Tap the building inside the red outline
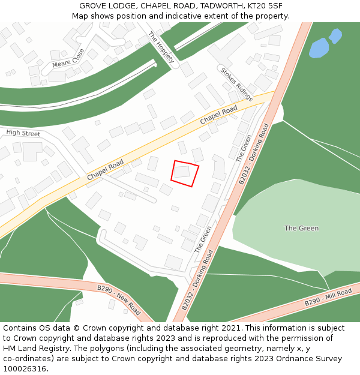(x=182, y=172)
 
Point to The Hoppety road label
(x=161, y=47)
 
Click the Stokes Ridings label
(x=236, y=83)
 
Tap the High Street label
(x=23, y=133)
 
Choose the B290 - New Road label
(x=118, y=300)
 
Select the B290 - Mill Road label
(x=328, y=298)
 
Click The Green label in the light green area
(x=301, y=228)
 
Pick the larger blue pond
(x=319, y=48)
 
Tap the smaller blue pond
(x=335, y=36)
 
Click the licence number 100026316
(x=25, y=368)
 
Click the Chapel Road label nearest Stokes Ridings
(x=218, y=115)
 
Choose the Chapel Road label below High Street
(x=105, y=170)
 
